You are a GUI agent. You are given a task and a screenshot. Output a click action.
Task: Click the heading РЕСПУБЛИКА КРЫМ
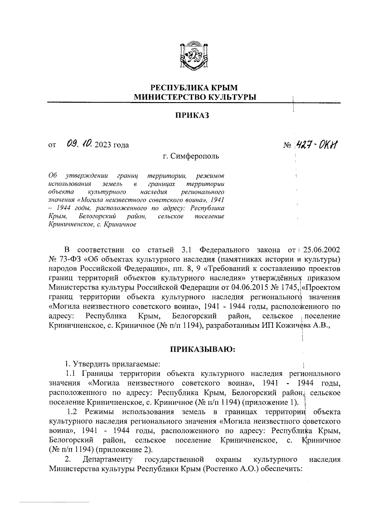pos(194,87)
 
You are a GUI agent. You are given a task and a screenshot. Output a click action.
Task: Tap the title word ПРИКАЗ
pos(192,115)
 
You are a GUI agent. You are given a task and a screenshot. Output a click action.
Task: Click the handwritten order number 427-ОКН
pos(318,143)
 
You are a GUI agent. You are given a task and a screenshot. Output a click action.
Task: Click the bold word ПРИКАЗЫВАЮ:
pos(203,349)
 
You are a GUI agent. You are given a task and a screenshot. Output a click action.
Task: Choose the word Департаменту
pos(108,459)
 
